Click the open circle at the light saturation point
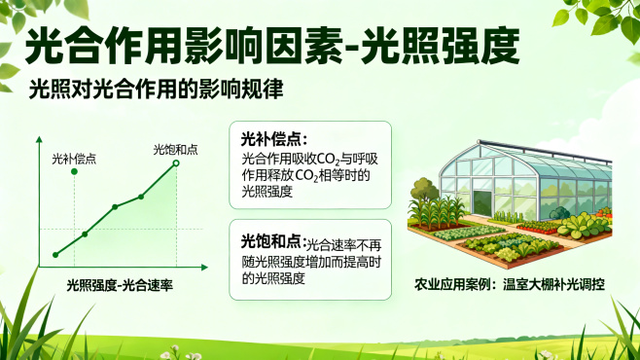(176, 163)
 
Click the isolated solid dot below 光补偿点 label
(75, 171)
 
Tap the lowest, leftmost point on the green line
(55, 255)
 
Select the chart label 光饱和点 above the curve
(175, 149)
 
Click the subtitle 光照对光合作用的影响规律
(156, 90)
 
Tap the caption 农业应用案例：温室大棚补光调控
(509, 284)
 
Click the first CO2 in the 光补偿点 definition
(333, 159)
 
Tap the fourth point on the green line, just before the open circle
(141, 197)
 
